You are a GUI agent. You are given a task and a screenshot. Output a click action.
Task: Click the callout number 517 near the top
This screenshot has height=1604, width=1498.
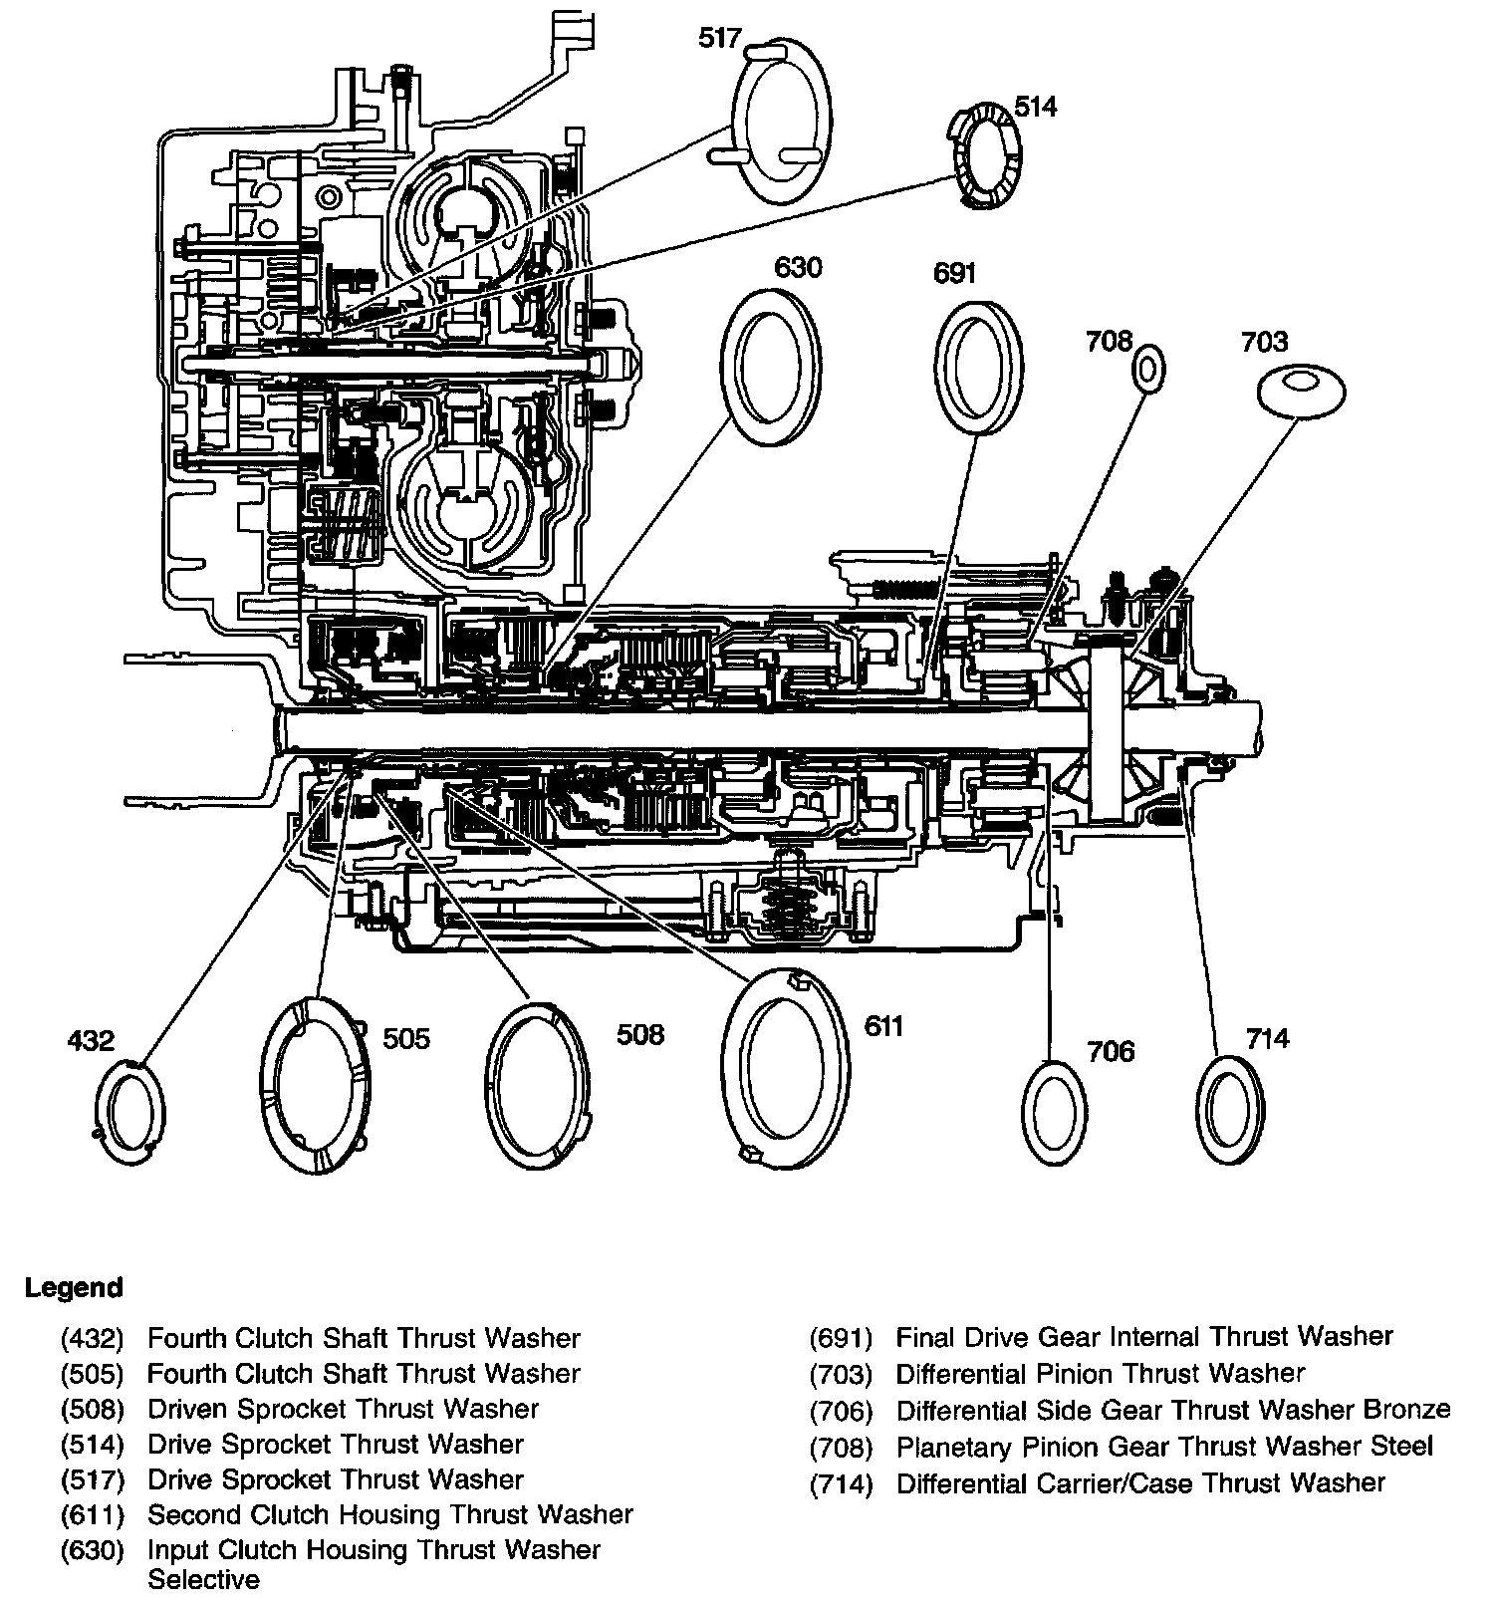tap(720, 39)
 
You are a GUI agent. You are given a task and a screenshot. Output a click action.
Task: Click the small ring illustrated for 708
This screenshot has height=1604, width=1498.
tap(1147, 371)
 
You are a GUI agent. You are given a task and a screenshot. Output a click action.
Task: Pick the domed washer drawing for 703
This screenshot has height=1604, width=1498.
tap(1301, 389)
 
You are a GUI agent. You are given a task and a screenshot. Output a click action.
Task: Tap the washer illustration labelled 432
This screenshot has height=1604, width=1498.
tap(132, 1112)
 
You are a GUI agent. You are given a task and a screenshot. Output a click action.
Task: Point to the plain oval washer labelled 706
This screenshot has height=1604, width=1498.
tap(1055, 1112)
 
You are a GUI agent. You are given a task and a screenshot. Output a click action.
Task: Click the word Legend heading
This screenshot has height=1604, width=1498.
tap(74, 1287)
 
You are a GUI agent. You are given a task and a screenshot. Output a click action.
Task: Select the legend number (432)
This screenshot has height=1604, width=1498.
tap(92, 1338)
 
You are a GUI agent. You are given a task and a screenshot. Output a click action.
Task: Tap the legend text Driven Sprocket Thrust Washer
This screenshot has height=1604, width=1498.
tap(343, 1409)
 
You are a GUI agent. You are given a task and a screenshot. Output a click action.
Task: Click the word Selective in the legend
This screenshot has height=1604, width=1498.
tap(203, 1579)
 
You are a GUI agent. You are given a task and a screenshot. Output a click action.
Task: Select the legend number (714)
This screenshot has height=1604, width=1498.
tap(841, 1483)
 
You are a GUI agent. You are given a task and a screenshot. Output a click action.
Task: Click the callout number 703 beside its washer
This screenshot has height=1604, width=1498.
tap(1264, 342)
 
